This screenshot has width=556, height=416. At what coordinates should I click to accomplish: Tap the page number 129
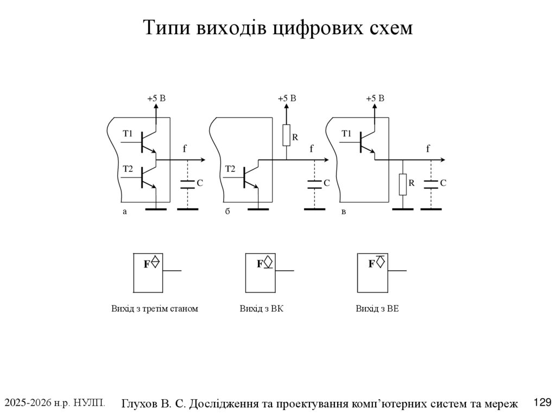click(542, 402)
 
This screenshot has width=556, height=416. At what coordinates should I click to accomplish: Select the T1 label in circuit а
click(128, 133)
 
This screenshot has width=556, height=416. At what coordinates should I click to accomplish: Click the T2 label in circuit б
click(230, 169)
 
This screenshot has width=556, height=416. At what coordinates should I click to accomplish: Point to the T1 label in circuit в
click(346, 133)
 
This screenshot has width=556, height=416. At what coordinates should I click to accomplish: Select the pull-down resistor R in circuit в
click(402, 184)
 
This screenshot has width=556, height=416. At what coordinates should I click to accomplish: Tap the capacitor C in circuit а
click(187, 184)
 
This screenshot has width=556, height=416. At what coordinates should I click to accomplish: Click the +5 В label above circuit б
click(287, 99)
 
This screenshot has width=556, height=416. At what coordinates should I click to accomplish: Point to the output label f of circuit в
click(428, 148)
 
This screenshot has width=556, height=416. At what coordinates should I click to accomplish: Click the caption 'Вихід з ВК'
click(262, 309)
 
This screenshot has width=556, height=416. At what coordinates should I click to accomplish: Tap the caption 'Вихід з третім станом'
click(155, 309)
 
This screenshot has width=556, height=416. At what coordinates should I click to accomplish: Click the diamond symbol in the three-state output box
click(155, 261)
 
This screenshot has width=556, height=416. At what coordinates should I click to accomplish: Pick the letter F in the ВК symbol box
click(260, 264)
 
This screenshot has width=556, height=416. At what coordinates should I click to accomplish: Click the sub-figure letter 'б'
click(228, 213)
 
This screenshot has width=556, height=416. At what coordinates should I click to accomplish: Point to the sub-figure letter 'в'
click(343, 213)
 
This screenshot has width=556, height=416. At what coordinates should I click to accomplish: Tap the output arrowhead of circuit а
click(202, 160)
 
